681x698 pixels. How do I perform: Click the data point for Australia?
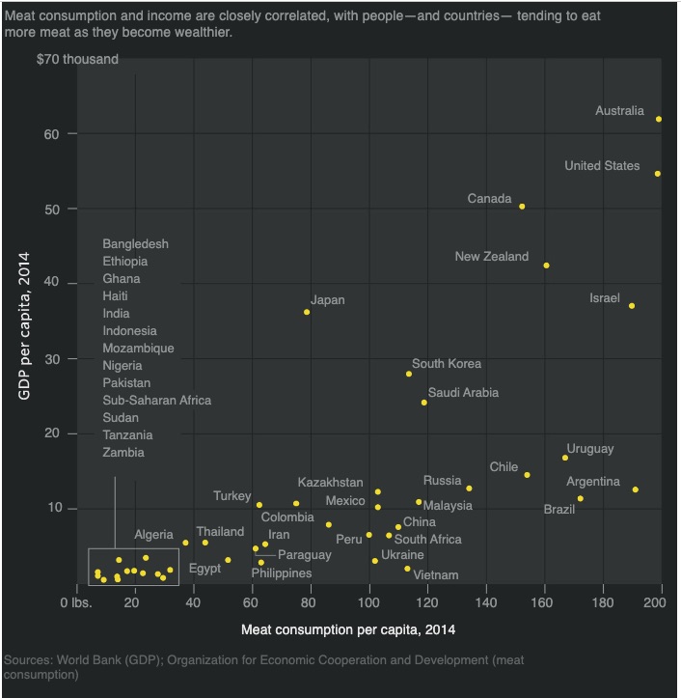click(x=659, y=119)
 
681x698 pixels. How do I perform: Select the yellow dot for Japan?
click(x=307, y=312)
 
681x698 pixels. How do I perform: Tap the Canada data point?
click(x=522, y=206)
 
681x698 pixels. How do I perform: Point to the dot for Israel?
click(x=632, y=305)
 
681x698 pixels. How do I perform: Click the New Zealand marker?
click(x=546, y=265)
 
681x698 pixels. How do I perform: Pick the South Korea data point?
click(x=409, y=374)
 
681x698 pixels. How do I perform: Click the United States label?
click(x=601, y=166)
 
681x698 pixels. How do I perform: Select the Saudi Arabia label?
click(x=463, y=393)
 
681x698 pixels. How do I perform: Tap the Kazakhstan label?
click(x=330, y=483)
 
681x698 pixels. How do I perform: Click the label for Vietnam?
click(x=435, y=575)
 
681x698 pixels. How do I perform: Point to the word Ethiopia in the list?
click(x=125, y=262)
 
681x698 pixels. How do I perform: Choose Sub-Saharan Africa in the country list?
click(x=156, y=401)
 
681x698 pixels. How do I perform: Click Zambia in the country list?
click(x=123, y=453)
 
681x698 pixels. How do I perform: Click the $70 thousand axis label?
click(x=77, y=60)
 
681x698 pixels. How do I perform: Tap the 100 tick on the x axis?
click(x=368, y=603)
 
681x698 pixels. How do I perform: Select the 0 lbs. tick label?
click(x=75, y=603)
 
